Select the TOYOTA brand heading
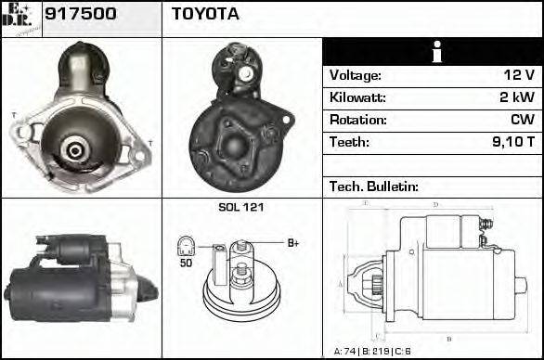pos(205,15)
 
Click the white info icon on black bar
pos(433,52)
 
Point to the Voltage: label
pos(356,75)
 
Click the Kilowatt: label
pos(357,97)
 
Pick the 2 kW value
pos(516,97)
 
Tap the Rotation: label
pos(357,120)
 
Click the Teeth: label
pos(349,142)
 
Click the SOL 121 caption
pos(240,207)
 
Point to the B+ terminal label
pos(292,243)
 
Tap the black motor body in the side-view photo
pos(56,288)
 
